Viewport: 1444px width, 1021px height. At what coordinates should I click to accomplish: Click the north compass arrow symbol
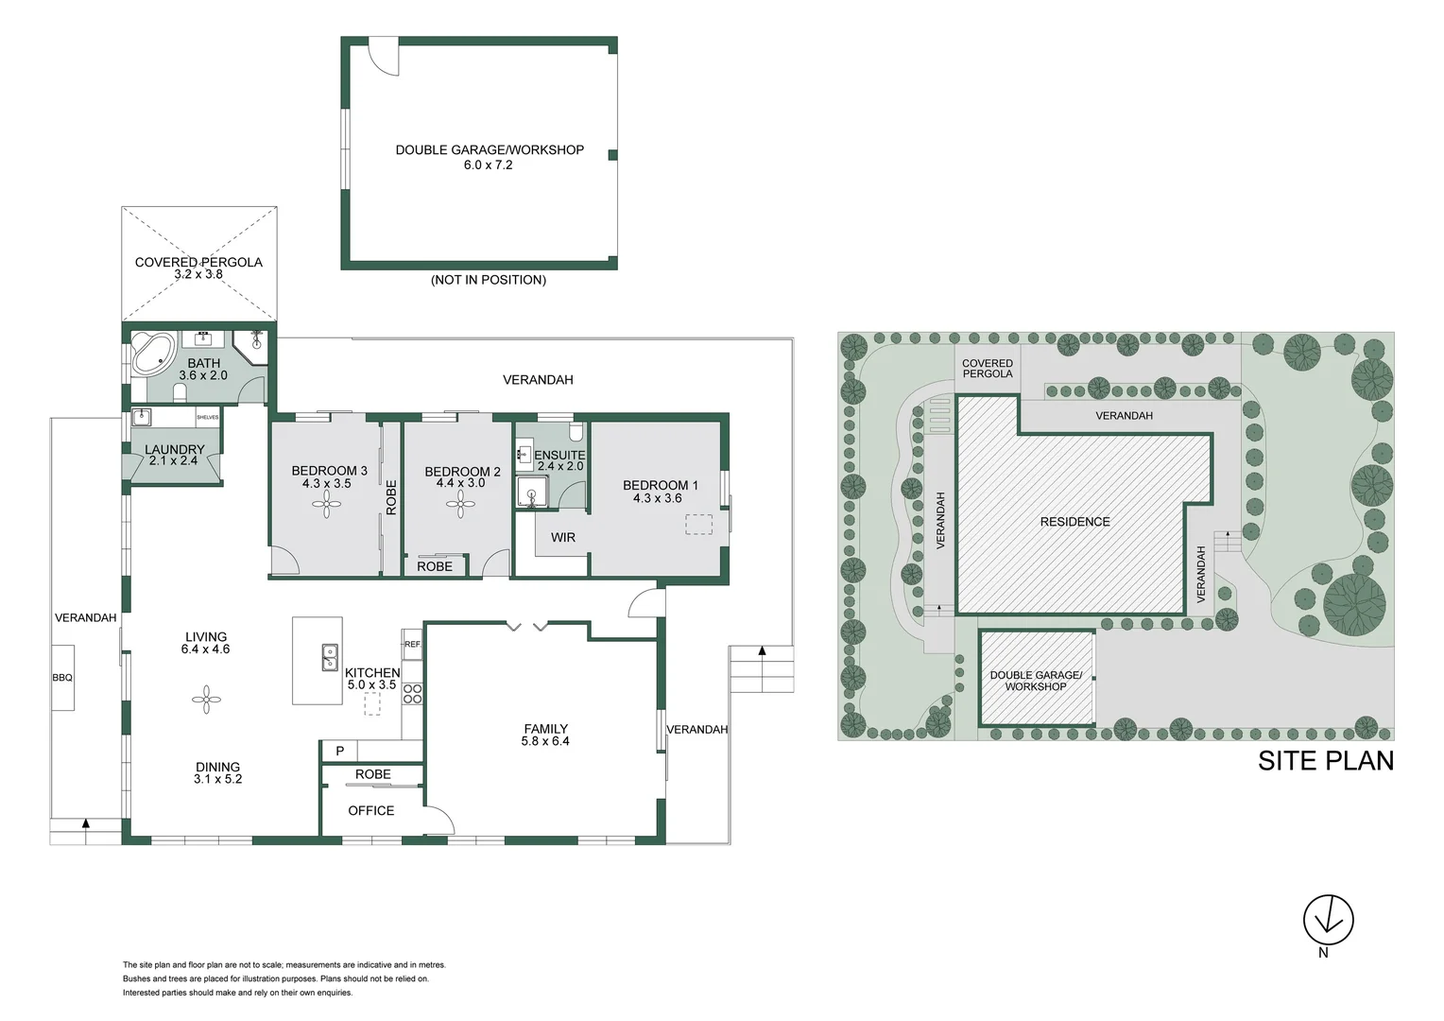1328,919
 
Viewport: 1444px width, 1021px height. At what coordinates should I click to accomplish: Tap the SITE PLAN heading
1325,761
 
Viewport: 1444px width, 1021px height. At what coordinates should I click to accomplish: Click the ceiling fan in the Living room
206,701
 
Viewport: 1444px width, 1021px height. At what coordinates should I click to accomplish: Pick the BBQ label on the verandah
62,678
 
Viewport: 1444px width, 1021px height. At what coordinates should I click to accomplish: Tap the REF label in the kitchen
412,644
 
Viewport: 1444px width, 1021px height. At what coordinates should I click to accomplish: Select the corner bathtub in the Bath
149,353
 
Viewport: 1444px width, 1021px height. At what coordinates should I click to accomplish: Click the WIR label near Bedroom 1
563,537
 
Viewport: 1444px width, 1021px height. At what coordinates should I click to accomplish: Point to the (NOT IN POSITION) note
488,280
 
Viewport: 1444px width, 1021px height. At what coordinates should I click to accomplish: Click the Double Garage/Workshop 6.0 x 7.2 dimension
488,164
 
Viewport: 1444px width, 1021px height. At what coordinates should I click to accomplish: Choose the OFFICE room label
370,810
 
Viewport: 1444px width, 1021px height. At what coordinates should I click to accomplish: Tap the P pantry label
340,751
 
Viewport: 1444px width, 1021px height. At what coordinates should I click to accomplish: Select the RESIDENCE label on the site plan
1074,522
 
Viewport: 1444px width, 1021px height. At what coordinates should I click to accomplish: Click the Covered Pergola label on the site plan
987,369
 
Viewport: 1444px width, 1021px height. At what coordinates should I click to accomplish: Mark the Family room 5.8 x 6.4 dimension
545,741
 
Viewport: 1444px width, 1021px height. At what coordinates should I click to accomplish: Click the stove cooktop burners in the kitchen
412,694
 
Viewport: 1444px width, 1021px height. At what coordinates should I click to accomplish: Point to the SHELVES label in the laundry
207,417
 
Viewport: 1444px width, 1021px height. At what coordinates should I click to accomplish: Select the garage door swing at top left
383,58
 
